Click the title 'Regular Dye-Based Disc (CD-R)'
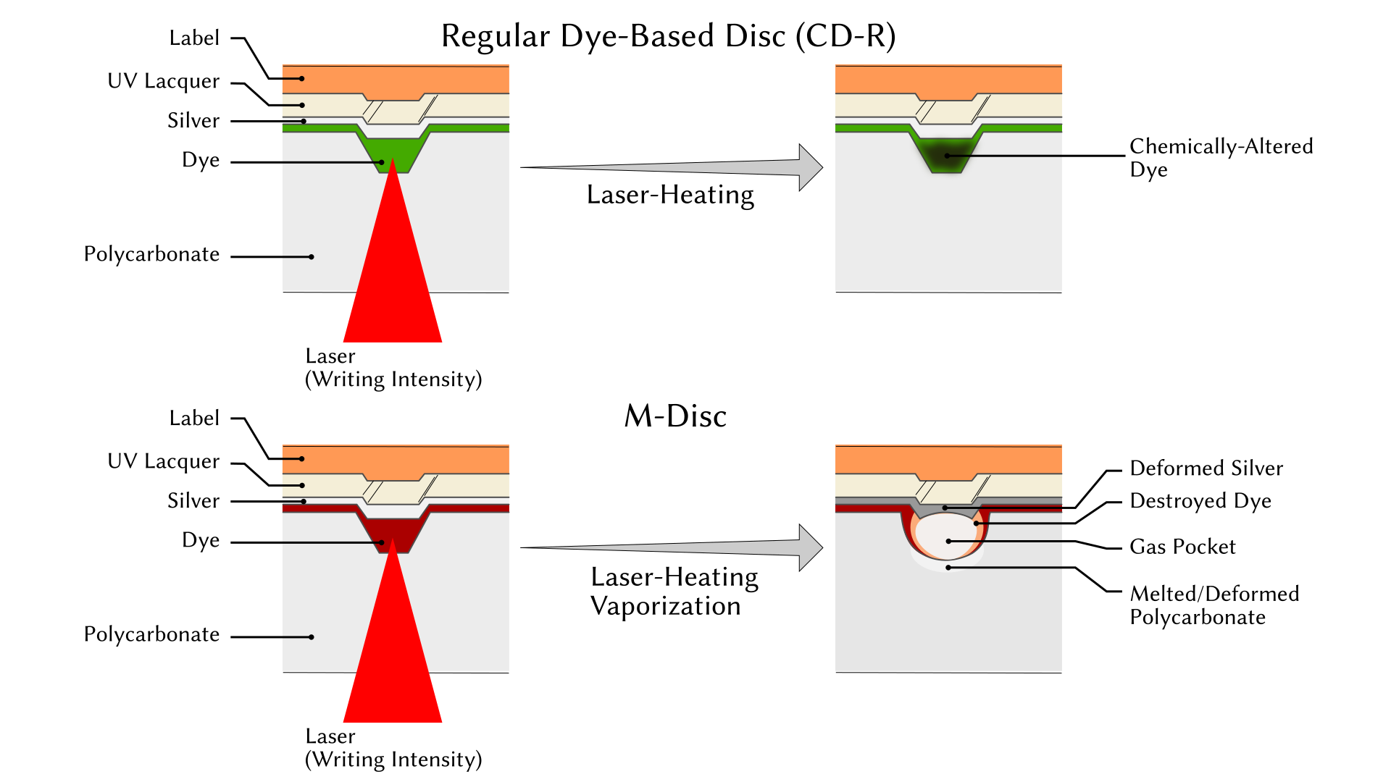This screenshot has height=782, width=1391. (x=668, y=36)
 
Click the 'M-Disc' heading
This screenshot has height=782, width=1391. (x=675, y=416)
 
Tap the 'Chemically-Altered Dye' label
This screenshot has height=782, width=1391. (x=1221, y=157)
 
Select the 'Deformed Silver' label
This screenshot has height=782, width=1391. (x=1206, y=468)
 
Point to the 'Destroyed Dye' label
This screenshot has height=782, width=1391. (x=1200, y=501)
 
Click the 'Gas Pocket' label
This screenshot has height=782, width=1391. (x=1182, y=547)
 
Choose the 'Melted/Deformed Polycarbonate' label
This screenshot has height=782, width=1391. (x=1214, y=605)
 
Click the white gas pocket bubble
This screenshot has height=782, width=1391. (x=945, y=537)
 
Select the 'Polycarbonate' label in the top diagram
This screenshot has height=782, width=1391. (x=151, y=255)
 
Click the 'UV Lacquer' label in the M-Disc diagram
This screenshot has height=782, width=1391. (x=163, y=461)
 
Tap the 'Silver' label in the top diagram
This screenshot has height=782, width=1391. (x=193, y=120)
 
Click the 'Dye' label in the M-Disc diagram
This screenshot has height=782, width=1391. (x=201, y=541)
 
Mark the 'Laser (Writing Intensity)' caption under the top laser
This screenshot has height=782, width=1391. (x=393, y=368)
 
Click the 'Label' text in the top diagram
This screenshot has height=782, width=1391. (x=194, y=38)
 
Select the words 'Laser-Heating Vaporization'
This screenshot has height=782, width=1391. (x=674, y=592)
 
